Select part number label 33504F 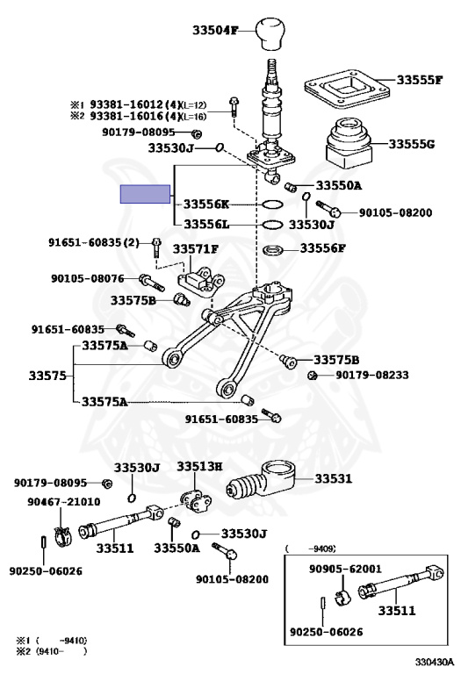(x=214, y=31)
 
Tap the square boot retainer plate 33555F (x=347, y=90)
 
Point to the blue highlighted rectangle (x=145, y=194)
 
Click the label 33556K (x=206, y=204)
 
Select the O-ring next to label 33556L (x=272, y=225)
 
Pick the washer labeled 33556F (x=272, y=249)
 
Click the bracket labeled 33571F (x=201, y=281)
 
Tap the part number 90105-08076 (x=88, y=278)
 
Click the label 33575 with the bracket (x=47, y=376)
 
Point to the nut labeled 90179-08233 (x=313, y=376)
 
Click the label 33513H (x=199, y=466)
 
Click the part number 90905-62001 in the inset (x=345, y=569)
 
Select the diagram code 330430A (x=434, y=661)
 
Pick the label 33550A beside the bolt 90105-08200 (x=339, y=186)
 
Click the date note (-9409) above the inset (x=310, y=549)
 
